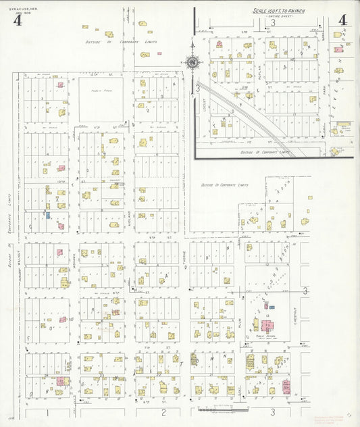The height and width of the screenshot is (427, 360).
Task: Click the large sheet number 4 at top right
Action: click(x=342, y=20)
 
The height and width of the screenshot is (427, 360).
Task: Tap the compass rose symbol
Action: click(x=192, y=63)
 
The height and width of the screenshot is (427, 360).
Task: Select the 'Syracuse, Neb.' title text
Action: click(x=13, y=6)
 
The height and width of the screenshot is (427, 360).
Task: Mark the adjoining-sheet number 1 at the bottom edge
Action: click(x=47, y=411)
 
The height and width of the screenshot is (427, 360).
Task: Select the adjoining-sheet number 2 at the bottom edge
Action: click(x=163, y=411)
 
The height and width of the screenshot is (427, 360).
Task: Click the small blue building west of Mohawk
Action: click(x=48, y=216)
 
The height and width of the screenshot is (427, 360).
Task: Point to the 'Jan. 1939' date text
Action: click(x=12, y=11)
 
